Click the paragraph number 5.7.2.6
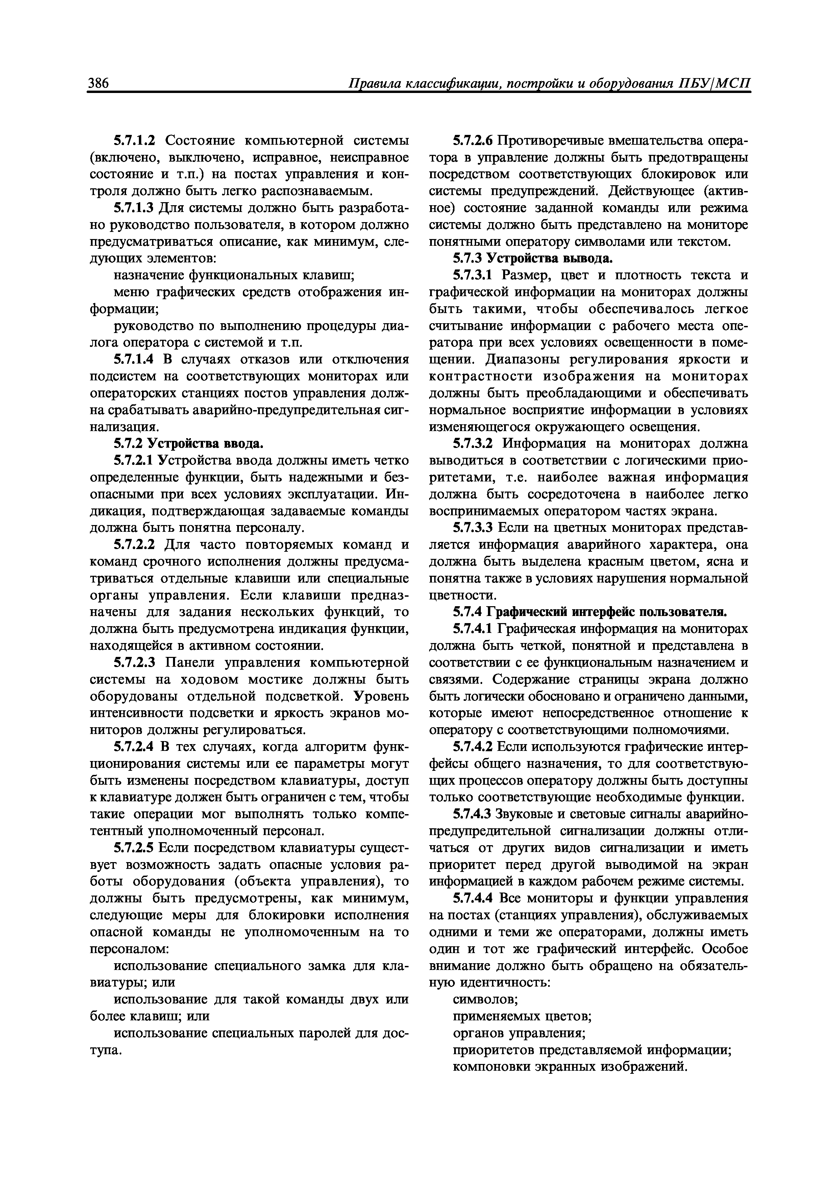click(x=473, y=141)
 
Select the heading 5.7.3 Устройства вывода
click(x=532, y=258)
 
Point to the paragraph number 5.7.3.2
click(x=473, y=444)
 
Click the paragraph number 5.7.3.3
click(x=473, y=528)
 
